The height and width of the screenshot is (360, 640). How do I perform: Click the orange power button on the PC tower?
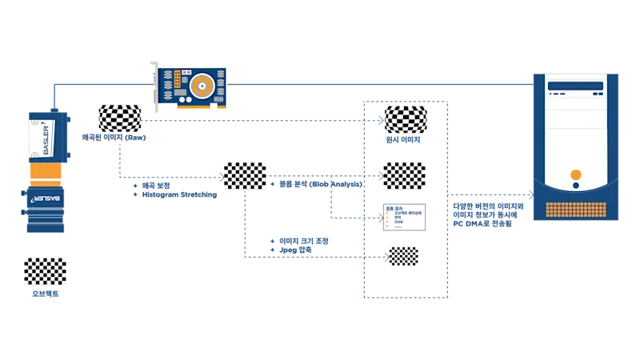point(576,175)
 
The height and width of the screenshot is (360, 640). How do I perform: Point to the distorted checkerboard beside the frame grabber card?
point(119,118)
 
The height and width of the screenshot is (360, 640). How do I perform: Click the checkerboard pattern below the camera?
point(45,271)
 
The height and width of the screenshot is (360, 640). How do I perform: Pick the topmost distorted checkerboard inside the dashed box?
point(406,118)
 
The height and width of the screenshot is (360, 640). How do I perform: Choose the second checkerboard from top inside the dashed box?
point(406,174)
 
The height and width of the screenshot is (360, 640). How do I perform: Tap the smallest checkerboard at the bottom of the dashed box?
point(402,255)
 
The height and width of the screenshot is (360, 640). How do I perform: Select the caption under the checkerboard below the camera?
point(45,294)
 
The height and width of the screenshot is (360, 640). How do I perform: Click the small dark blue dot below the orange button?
point(575,186)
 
